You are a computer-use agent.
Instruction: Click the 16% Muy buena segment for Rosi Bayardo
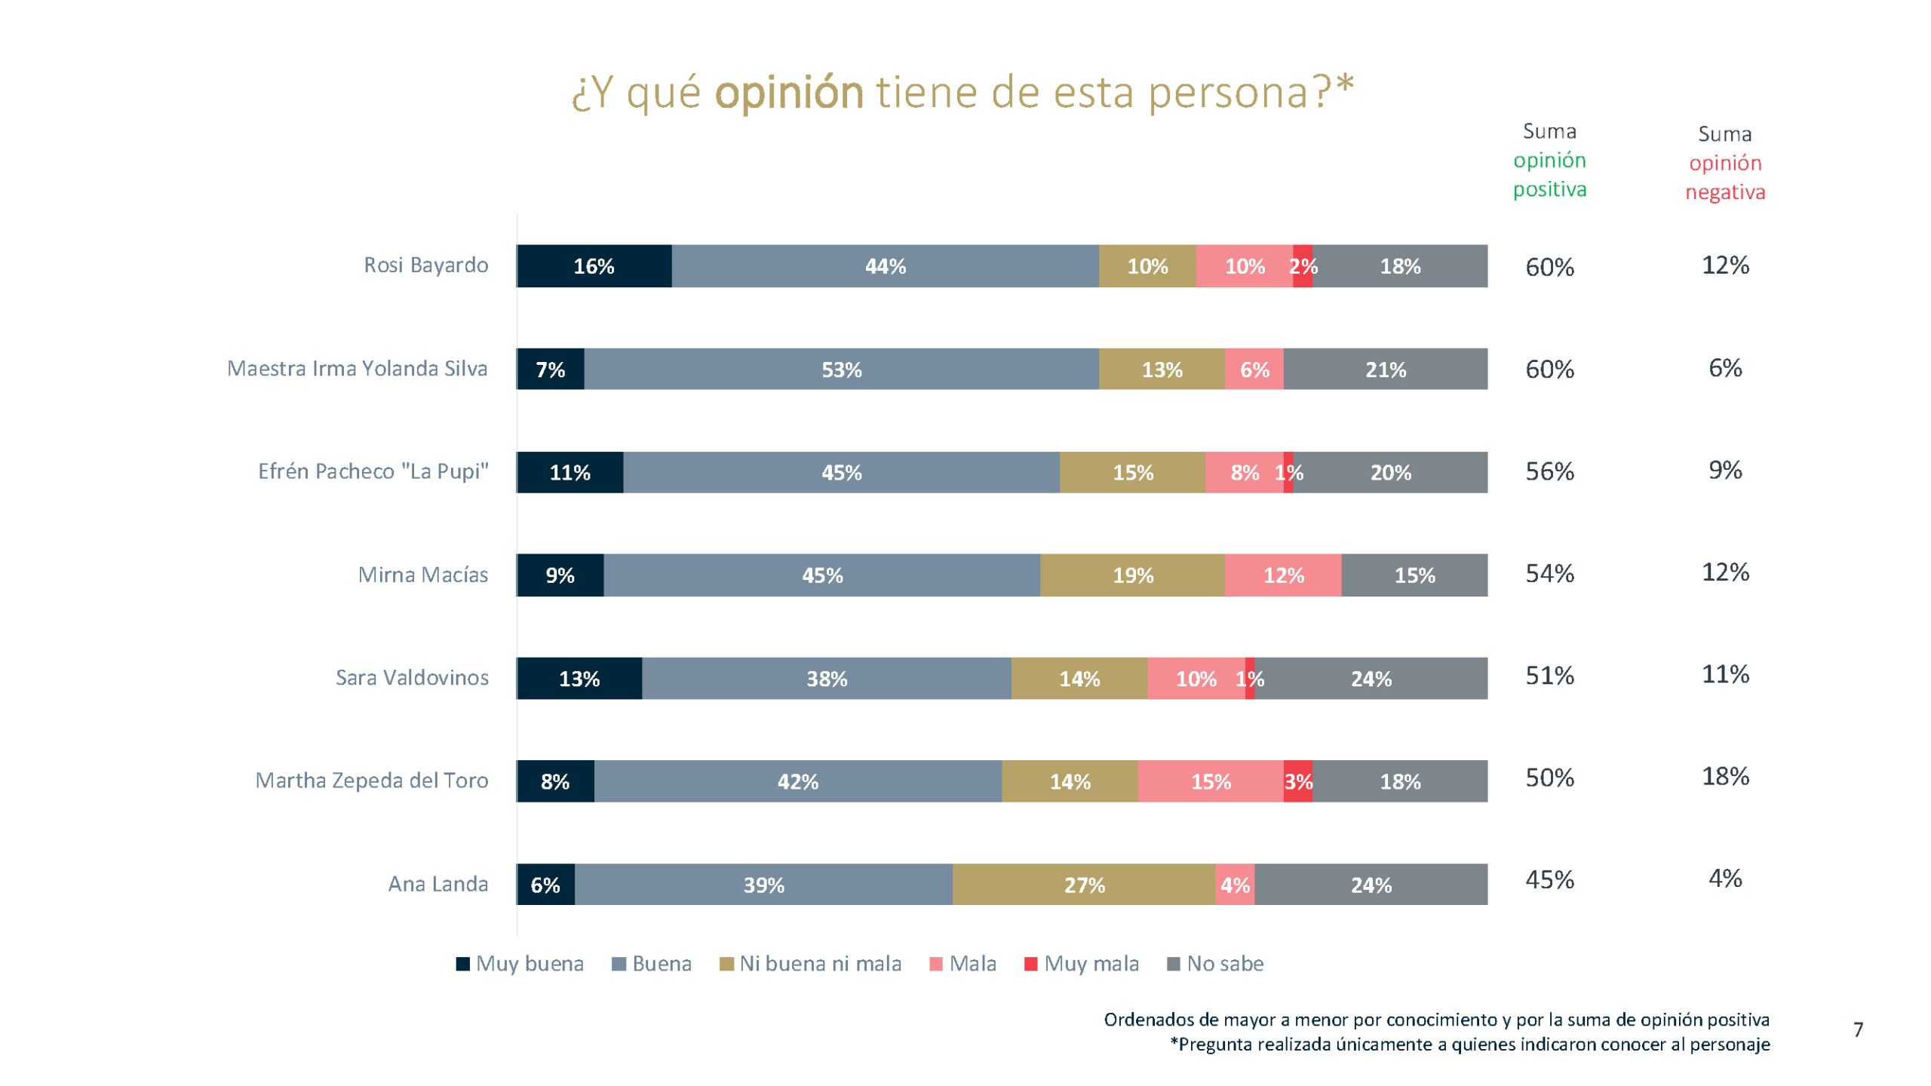(594, 265)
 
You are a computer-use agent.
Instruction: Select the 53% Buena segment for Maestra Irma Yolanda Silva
(841, 369)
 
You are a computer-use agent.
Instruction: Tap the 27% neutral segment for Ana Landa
(1084, 884)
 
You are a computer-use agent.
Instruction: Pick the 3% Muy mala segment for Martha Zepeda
(1297, 781)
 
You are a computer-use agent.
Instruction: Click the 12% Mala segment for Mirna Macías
(1283, 575)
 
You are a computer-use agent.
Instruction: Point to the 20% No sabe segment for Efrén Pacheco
(1390, 472)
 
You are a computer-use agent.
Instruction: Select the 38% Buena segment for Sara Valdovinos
(826, 678)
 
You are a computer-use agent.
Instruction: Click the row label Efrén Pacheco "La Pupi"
(373, 471)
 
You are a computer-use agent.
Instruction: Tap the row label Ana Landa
(437, 884)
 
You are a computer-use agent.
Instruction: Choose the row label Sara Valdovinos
(412, 677)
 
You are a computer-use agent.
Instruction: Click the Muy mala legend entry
(1082, 964)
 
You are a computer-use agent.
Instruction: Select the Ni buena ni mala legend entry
(811, 964)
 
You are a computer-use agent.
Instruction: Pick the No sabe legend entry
(1215, 964)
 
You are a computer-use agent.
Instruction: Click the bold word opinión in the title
(789, 93)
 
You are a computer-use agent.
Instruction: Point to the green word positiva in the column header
(1549, 189)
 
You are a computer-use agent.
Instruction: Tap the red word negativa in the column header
(1725, 192)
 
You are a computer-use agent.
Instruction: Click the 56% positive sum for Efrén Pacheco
(1549, 471)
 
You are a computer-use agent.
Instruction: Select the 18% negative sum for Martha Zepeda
(1725, 776)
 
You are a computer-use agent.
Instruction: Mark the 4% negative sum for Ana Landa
(1725, 879)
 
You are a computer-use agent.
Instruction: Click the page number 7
(1858, 1029)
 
